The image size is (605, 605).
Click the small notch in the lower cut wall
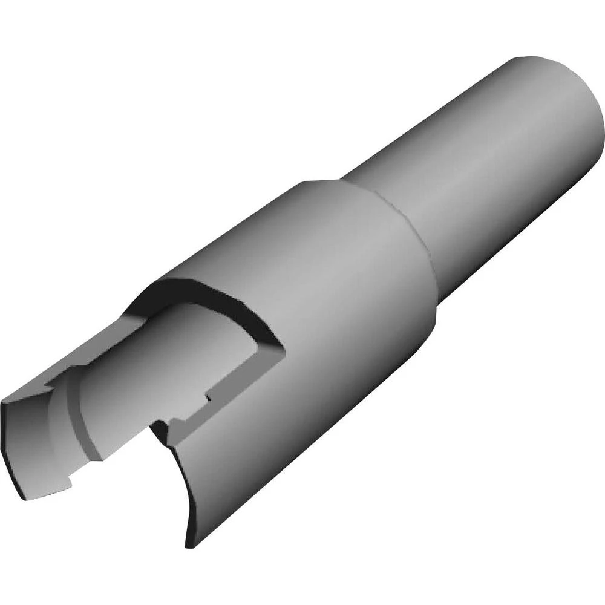[x=209, y=396]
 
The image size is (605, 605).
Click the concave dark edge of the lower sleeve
[x=181, y=484]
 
